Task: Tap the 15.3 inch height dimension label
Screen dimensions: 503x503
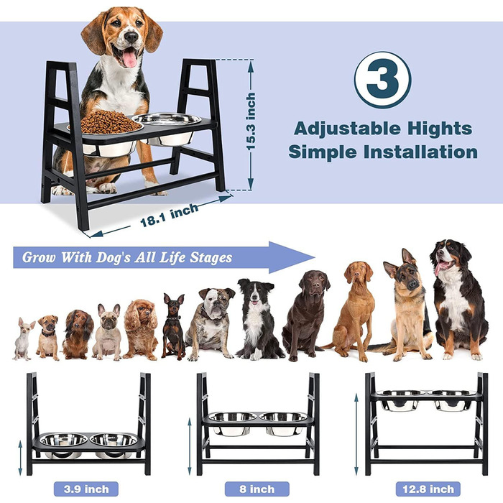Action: pyautogui.click(x=251, y=121)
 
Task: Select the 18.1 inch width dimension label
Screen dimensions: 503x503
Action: pyautogui.click(x=170, y=215)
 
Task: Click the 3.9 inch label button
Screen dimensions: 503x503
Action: pyautogui.click(x=86, y=489)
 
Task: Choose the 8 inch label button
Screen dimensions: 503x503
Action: pyautogui.click(x=257, y=489)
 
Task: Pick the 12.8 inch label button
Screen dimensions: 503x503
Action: pyautogui.click(x=428, y=489)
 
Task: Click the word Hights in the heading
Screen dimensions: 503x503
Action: pyautogui.click(x=440, y=129)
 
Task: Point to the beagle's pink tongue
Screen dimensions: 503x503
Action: pyautogui.click(x=129, y=59)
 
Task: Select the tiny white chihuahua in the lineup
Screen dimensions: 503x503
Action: pyautogui.click(x=23, y=338)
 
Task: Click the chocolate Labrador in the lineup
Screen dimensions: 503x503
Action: pyautogui.click(x=305, y=315)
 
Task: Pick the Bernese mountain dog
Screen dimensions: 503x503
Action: pyautogui.click(x=458, y=299)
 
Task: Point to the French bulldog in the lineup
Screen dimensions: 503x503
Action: pyautogui.click(x=107, y=332)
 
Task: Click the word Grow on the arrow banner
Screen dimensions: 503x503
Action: pyautogui.click(x=39, y=257)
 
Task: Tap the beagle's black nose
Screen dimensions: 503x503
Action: pyautogui.click(x=131, y=37)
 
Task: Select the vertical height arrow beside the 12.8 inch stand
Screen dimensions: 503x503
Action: pyautogui.click(x=356, y=435)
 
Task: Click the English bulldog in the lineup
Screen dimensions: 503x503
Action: pyautogui.click(x=210, y=324)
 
